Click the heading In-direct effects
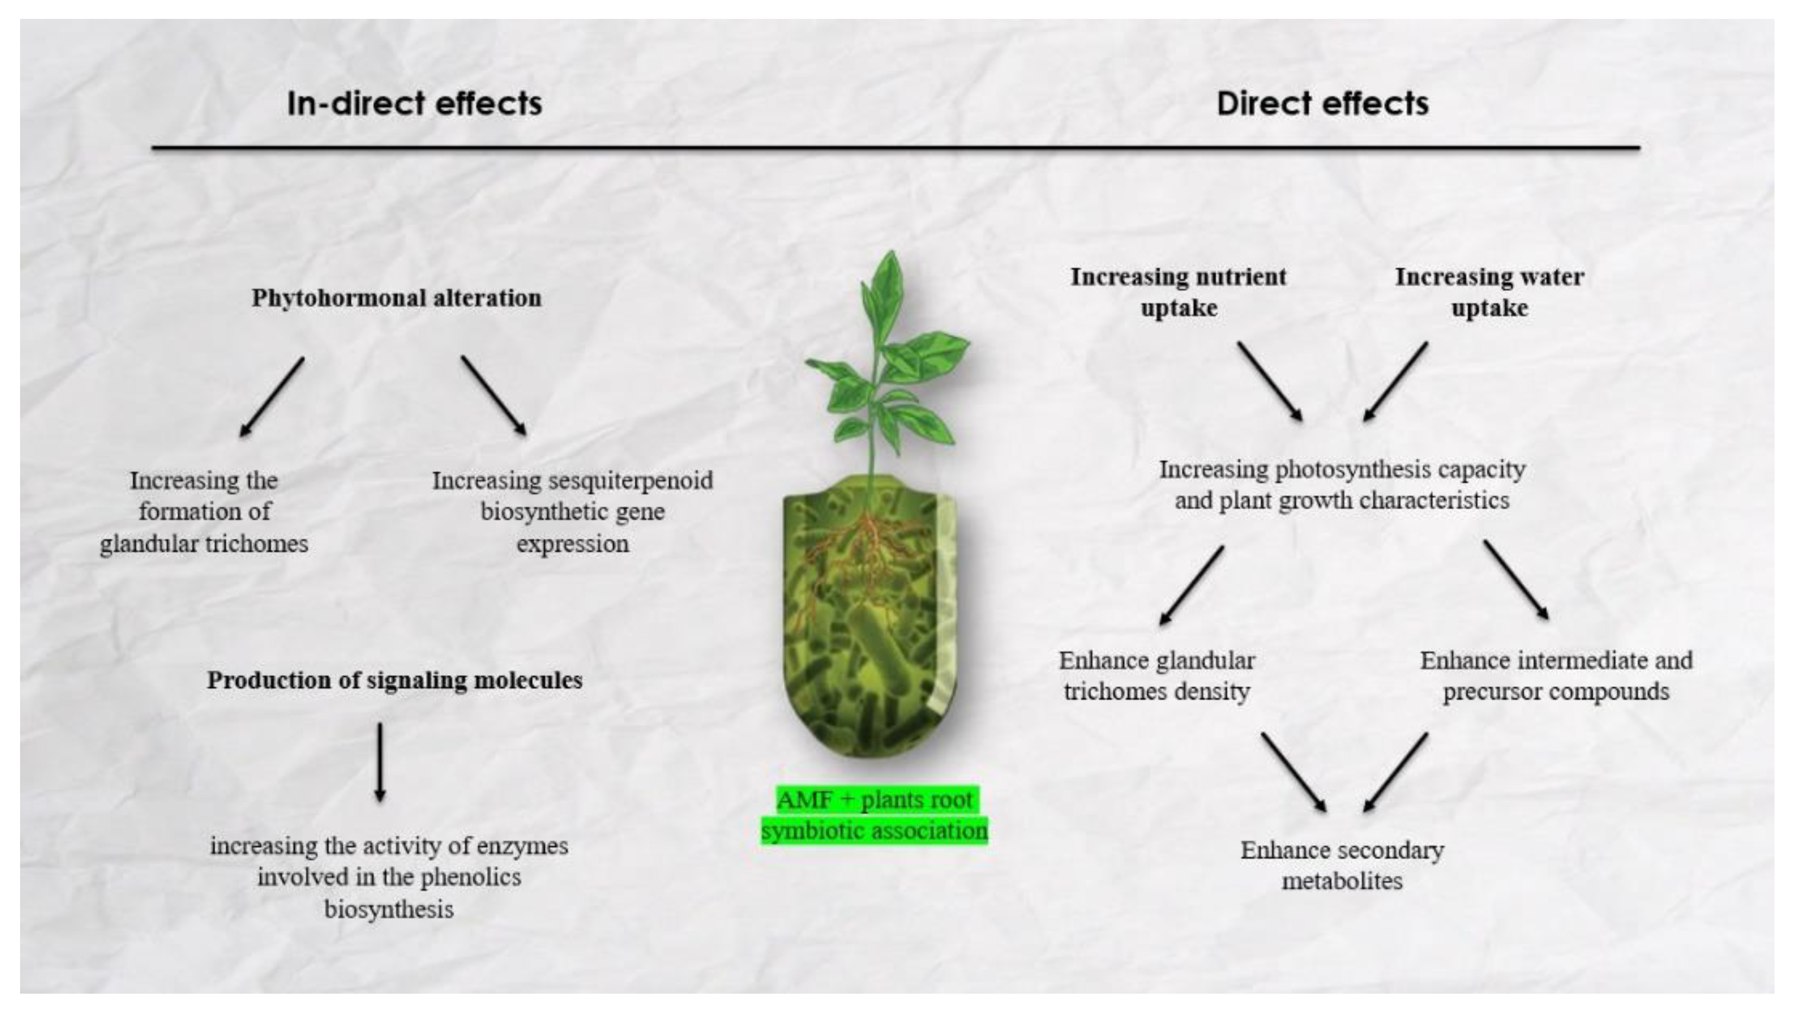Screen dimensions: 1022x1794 point(414,103)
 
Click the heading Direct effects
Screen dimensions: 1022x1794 point(1322,103)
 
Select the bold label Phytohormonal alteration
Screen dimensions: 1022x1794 point(397,297)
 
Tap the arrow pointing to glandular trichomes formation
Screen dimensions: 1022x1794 point(272,397)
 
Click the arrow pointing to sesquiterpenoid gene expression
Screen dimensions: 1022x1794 point(494,395)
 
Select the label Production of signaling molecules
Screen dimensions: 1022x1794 point(394,680)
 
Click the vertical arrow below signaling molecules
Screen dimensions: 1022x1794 point(380,762)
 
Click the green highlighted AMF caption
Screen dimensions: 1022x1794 point(874,815)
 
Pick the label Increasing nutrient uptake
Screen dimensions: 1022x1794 point(1178,292)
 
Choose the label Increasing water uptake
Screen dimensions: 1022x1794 point(1489,292)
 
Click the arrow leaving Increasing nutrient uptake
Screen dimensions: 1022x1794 point(1269,381)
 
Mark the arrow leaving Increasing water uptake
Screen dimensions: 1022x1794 point(1396,381)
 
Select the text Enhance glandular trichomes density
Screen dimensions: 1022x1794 point(1156,676)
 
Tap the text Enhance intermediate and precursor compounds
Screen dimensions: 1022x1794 point(1556,676)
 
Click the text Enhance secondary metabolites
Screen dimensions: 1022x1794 point(1342,866)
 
